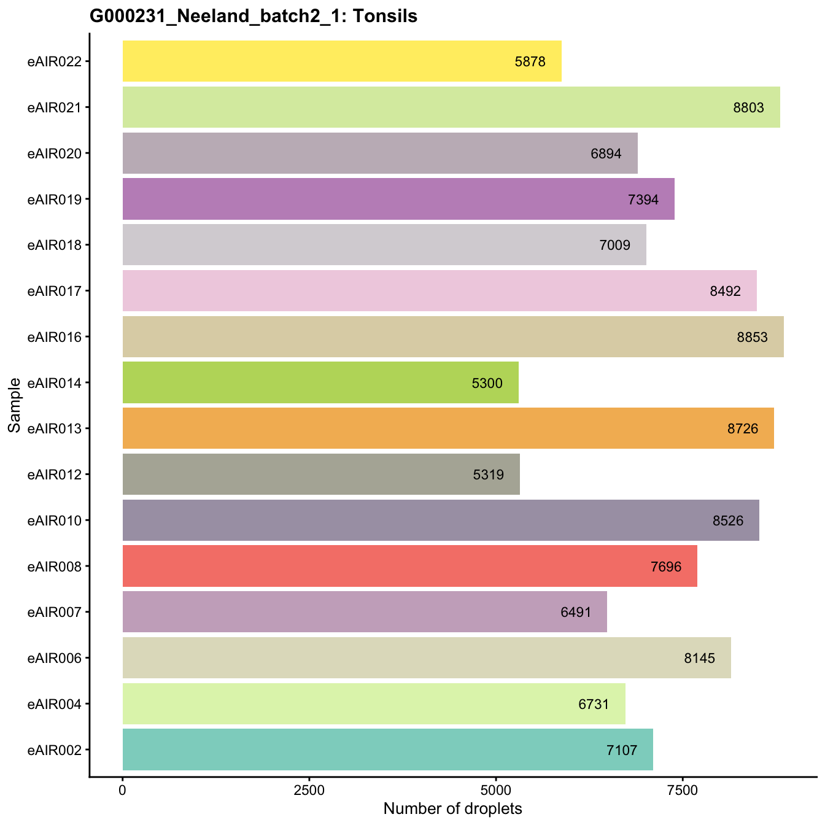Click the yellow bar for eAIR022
[x=342, y=61]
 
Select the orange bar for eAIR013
[x=448, y=428]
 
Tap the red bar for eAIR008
[x=409, y=566]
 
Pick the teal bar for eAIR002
[x=387, y=749]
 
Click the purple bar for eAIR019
[x=398, y=199]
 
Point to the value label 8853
[x=752, y=337]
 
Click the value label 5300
[x=487, y=383]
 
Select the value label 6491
[x=576, y=612]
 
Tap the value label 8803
[x=748, y=107]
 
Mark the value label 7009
[x=614, y=245]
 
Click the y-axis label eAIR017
[x=55, y=290]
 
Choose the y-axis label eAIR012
[x=55, y=474]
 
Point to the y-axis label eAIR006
[x=55, y=658]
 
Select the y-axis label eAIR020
[x=55, y=153]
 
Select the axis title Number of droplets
[x=452, y=808]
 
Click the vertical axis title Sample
[x=15, y=405]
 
